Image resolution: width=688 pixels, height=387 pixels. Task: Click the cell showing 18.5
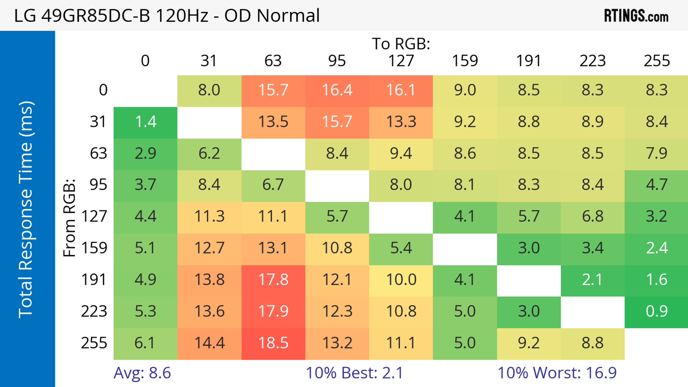[273, 343]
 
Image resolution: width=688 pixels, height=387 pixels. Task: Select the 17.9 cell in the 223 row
[273, 311]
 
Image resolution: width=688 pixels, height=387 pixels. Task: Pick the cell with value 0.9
[656, 311]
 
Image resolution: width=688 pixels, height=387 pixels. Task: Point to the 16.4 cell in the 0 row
[337, 90]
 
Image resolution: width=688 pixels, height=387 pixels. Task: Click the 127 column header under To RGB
[401, 61]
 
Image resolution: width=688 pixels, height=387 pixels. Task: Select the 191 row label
[94, 280]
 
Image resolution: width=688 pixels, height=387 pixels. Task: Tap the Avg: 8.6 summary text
[142, 373]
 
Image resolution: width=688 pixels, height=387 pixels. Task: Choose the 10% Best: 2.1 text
[354, 373]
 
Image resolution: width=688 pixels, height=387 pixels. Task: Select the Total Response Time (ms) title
[26, 210]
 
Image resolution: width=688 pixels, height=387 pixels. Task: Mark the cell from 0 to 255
[656, 90]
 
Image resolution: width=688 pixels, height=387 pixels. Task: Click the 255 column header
[656, 61]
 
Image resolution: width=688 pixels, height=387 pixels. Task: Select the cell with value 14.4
[209, 343]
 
